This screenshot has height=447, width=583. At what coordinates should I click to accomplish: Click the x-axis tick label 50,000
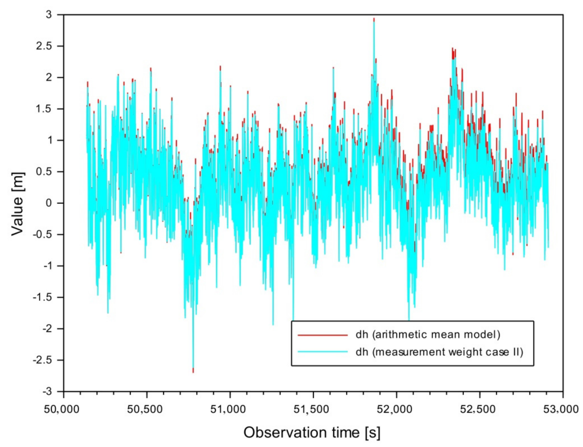62,409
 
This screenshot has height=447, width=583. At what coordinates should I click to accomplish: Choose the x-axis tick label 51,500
313,409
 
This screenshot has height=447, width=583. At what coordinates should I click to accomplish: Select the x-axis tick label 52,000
396,409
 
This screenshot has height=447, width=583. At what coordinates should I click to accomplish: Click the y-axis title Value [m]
18,204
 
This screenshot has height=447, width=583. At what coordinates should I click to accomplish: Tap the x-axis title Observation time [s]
312,433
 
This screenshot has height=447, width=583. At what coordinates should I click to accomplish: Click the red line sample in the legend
322,335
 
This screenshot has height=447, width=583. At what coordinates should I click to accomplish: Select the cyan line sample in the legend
322,352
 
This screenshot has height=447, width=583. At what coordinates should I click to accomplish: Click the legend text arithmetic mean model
428,335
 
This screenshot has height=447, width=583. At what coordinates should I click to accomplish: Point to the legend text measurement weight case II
439,352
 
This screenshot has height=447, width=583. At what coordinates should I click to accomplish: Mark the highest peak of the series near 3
374,19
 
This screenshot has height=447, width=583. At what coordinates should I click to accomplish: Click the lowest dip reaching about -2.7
193,371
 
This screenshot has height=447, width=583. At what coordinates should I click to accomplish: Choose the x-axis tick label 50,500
145,409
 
